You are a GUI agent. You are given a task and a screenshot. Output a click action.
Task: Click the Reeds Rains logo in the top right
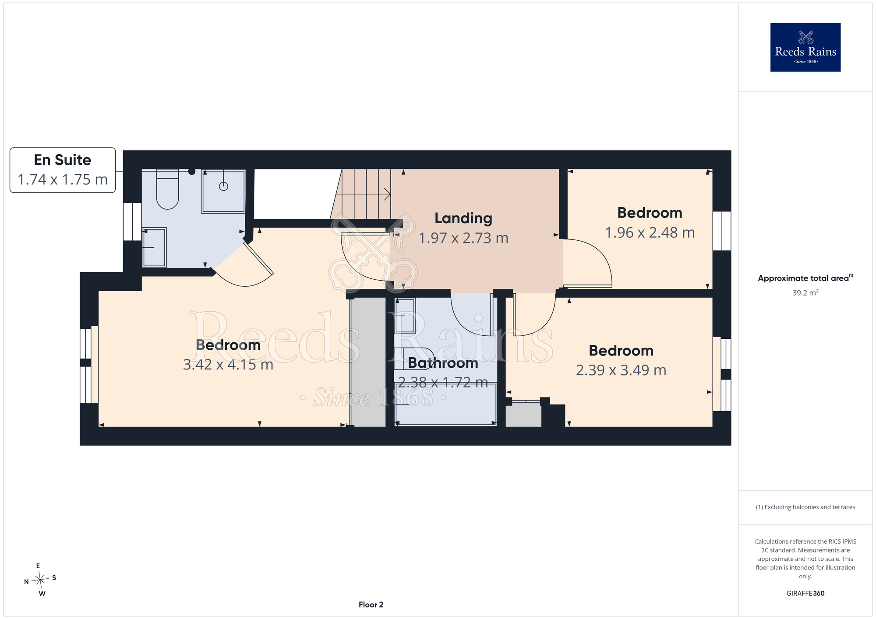coord(805,47)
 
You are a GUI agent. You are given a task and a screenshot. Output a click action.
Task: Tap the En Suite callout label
coord(63,170)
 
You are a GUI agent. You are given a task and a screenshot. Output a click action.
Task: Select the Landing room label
coord(463,218)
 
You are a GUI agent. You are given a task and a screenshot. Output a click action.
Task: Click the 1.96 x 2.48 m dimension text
coord(650,233)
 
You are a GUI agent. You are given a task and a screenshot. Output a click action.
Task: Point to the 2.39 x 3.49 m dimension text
coord(621,370)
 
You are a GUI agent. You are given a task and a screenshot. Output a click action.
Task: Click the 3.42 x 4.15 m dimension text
coord(228,365)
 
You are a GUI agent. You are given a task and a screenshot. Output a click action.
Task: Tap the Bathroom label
coord(443,363)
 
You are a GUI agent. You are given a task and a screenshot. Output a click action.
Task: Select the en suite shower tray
coord(223,191)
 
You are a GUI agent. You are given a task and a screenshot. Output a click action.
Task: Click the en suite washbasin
coord(154,247)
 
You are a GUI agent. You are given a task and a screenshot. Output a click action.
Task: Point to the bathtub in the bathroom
coord(445,404)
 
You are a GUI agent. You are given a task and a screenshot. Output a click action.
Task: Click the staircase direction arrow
coord(366,194)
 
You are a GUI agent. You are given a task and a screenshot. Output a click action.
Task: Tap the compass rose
coord(40,580)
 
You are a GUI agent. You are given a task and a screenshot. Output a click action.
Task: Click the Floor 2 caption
coord(371,605)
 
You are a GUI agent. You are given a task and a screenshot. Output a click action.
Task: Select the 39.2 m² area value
coord(805,292)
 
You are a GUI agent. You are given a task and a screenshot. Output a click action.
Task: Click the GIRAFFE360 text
coord(805,594)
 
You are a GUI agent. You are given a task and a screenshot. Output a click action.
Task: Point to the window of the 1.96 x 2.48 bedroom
coord(722,231)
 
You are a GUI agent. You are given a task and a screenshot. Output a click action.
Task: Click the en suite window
coord(132,222)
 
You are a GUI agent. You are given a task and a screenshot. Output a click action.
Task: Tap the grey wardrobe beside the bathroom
coord(368,362)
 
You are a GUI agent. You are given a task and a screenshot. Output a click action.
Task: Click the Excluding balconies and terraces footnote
coord(805,507)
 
